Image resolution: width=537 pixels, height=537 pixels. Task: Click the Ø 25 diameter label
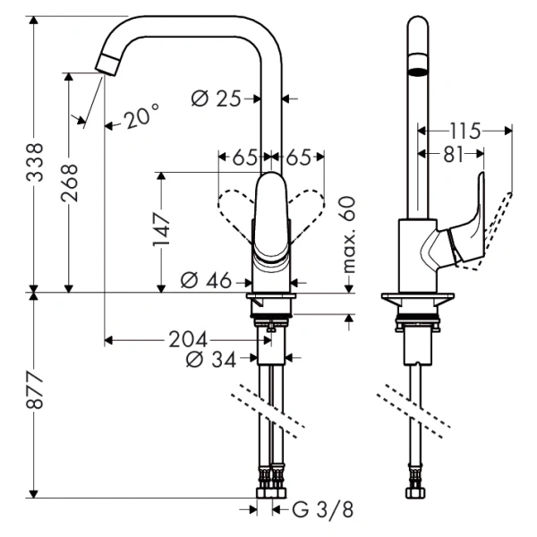coord(217,98)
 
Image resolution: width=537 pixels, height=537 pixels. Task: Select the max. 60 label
coord(348,235)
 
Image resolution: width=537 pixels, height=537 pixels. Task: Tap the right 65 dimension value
coord(299,157)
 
